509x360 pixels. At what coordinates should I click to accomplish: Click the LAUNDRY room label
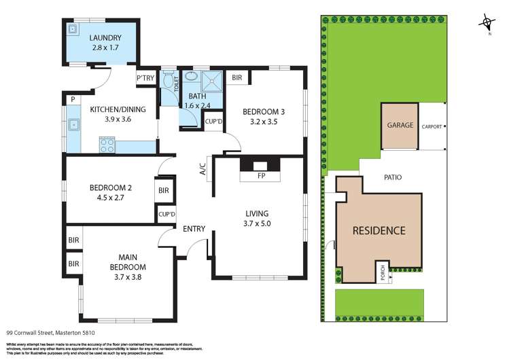click(x=105, y=38)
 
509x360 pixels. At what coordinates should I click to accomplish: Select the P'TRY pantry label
click(x=145, y=79)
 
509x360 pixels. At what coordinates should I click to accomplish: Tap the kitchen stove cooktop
click(x=107, y=144)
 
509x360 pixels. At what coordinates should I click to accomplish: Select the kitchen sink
click(x=73, y=124)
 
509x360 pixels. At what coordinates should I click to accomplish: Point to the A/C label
click(x=203, y=169)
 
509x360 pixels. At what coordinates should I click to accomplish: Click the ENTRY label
click(x=194, y=229)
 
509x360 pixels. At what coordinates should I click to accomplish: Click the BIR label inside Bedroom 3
click(x=236, y=78)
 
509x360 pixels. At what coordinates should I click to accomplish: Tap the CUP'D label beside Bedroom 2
click(x=166, y=214)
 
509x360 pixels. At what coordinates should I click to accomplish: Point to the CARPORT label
click(x=432, y=126)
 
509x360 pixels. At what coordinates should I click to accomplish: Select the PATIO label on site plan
click(x=392, y=177)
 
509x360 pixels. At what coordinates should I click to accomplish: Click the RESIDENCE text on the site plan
click(x=379, y=230)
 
